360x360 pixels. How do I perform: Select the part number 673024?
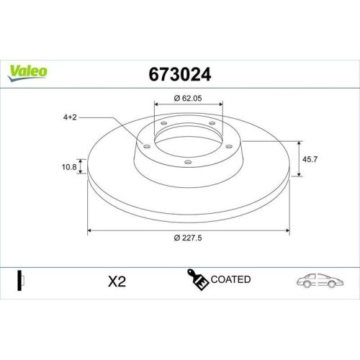point(179,73)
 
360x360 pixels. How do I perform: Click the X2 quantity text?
point(117,282)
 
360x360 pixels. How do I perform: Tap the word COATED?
point(231,279)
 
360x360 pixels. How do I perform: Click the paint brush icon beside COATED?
point(199,280)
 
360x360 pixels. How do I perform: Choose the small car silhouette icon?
point(318,280)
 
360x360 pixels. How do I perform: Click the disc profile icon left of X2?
point(21,281)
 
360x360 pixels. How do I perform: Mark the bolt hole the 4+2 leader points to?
point(147,148)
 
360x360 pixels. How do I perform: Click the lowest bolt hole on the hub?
point(188,163)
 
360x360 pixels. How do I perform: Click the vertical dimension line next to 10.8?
point(81,166)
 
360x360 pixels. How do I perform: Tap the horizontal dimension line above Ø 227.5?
point(189,231)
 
